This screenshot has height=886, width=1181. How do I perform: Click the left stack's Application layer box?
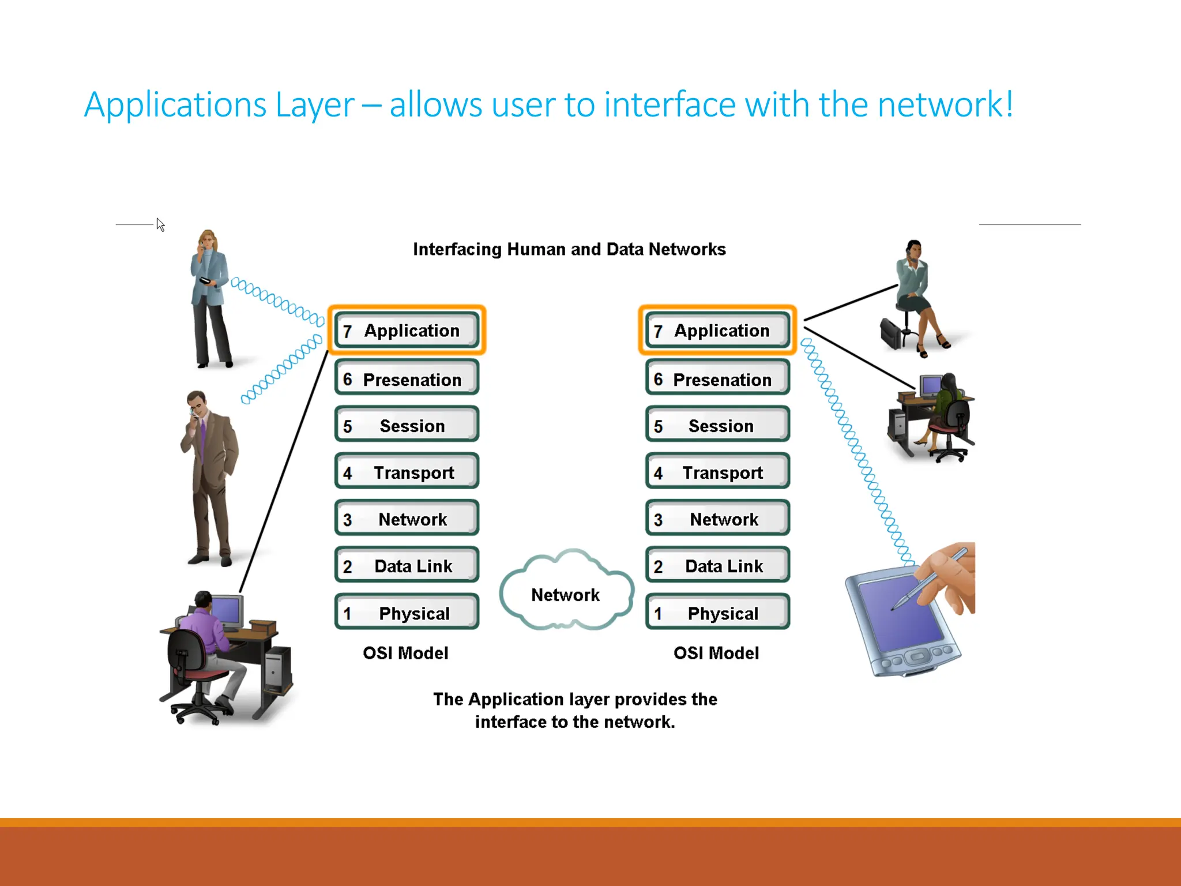pyautogui.click(x=407, y=330)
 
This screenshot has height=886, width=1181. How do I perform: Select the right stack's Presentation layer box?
pyautogui.click(x=717, y=379)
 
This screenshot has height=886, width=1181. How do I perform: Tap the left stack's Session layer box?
pyautogui.click(x=407, y=426)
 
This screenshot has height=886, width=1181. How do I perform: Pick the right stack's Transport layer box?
pyautogui.click(x=717, y=472)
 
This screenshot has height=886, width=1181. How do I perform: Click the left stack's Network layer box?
pyautogui.click(x=407, y=519)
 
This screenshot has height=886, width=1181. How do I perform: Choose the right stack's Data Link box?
pyautogui.click(x=717, y=566)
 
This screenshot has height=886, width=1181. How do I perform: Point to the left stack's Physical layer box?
pyautogui.click(x=407, y=613)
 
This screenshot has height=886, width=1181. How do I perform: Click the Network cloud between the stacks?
pyautogui.click(x=566, y=594)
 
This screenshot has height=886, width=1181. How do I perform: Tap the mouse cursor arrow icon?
pyautogui.click(x=160, y=224)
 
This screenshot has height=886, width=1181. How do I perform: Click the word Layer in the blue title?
pyautogui.click(x=314, y=105)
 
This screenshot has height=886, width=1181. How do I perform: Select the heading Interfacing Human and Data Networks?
pyautogui.click(x=569, y=249)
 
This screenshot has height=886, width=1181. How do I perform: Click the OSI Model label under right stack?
pyautogui.click(x=716, y=653)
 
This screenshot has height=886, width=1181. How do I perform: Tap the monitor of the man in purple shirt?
pyautogui.click(x=227, y=610)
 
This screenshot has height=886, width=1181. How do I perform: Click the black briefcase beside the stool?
pyautogui.click(x=891, y=333)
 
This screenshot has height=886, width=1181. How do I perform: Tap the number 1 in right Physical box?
pyautogui.click(x=658, y=614)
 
